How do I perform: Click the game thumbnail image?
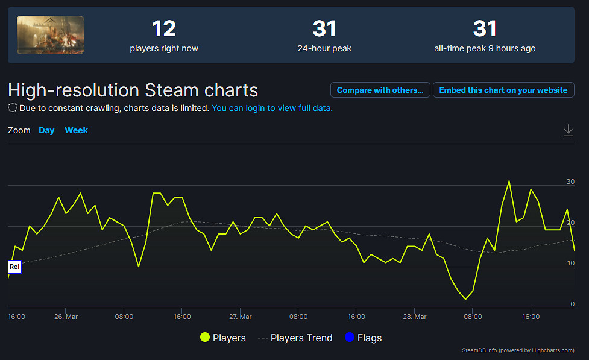(50, 34)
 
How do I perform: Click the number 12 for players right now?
(163, 29)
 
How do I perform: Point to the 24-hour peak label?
(324, 48)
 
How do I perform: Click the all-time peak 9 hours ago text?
(485, 48)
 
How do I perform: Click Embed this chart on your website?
(503, 90)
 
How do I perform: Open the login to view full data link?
(272, 108)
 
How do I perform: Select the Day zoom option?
(46, 130)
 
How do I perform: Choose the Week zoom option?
(76, 130)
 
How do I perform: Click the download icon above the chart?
(568, 130)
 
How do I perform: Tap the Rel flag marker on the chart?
(14, 267)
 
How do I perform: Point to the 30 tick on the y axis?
(570, 182)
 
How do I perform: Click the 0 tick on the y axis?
(572, 304)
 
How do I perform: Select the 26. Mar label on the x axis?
(66, 317)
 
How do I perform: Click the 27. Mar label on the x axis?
(240, 317)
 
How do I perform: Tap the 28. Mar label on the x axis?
(414, 317)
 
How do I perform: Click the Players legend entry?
(223, 338)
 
